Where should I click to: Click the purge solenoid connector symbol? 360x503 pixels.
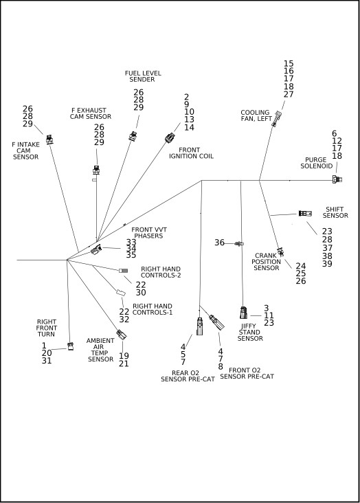tap(337, 179)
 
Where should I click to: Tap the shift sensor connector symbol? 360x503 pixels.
tap(305, 213)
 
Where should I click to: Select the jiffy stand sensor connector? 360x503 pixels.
tap(243, 313)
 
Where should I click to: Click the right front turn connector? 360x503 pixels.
tap(71, 346)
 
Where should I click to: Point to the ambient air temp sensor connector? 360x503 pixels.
tap(122, 335)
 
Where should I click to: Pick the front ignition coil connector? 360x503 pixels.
tap(170, 137)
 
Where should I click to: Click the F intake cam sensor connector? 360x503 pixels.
tap(49, 139)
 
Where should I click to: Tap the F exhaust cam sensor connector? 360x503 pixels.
tap(96, 170)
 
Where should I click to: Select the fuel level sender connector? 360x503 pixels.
tap(133, 136)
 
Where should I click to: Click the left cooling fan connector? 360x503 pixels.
tap(276, 119)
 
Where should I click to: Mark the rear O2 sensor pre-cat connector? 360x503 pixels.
tap(199, 326)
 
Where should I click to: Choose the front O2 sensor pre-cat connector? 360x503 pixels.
tap(216, 322)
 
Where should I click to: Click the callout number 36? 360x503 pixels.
tap(219, 243)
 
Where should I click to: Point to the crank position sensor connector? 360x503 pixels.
tap(280, 252)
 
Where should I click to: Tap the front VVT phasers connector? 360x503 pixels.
tap(96, 249)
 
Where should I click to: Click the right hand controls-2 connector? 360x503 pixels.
tap(123, 271)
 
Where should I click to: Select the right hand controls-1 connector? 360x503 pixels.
tap(121, 293)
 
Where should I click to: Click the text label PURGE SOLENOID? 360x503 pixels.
tap(316, 163)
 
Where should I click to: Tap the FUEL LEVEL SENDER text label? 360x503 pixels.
tap(143, 76)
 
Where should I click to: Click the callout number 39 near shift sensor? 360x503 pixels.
tap(327, 264)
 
